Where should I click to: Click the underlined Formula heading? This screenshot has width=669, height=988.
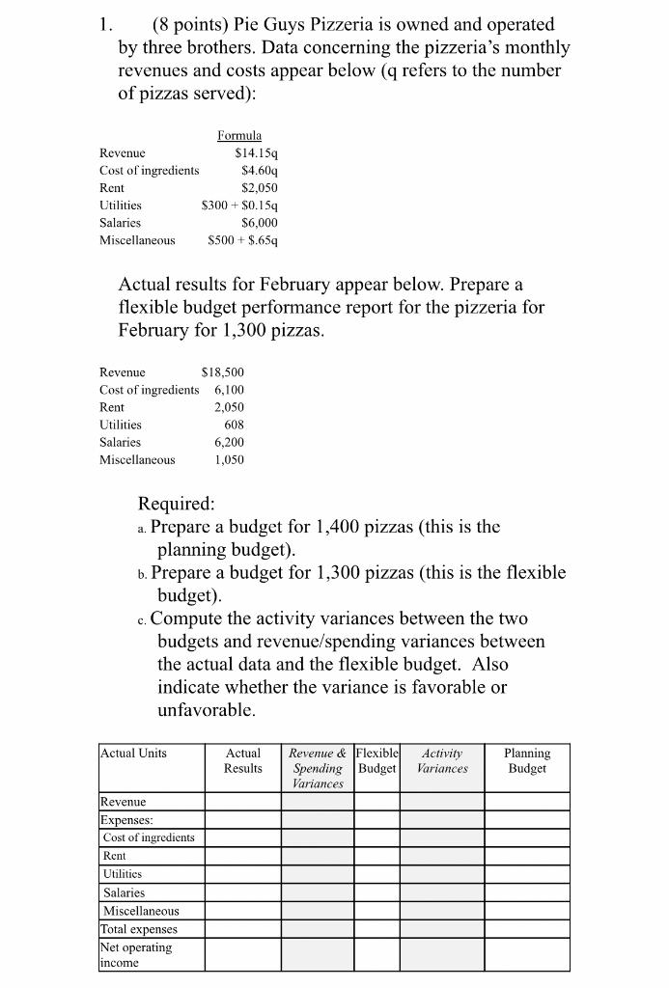pos(239,136)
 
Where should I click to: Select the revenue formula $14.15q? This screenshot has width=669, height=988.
pos(256,152)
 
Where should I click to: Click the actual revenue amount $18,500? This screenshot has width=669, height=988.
pos(221,371)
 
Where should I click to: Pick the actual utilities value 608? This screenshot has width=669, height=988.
pos(234,424)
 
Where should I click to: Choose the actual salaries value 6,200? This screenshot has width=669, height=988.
pos(229,442)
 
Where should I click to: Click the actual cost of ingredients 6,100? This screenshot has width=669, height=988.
pos(229,389)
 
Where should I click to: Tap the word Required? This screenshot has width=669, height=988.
pos(177,504)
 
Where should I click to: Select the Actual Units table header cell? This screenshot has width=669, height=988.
pos(133,753)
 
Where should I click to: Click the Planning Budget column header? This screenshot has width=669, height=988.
pos(527,760)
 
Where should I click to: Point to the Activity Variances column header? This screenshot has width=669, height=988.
pos(442,760)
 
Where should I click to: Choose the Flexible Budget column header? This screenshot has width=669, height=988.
pos(376,760)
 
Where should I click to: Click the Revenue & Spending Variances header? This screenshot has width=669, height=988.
pos(317,768)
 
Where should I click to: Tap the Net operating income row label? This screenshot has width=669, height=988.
pos(136,955)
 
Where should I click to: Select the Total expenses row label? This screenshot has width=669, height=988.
pos(139,929)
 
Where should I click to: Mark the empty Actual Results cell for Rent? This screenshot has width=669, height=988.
pos(242,856)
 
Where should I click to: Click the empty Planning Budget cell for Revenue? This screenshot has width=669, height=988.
pos(527,801)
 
